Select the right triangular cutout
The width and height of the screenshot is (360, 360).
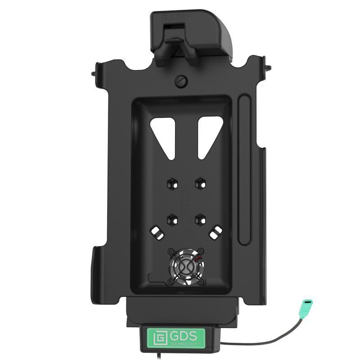(207, 132)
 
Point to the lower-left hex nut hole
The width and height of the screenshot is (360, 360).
(171, 220)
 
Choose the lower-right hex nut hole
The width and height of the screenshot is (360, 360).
(198, 220)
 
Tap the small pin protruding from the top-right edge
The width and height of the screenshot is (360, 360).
(269, 68)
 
